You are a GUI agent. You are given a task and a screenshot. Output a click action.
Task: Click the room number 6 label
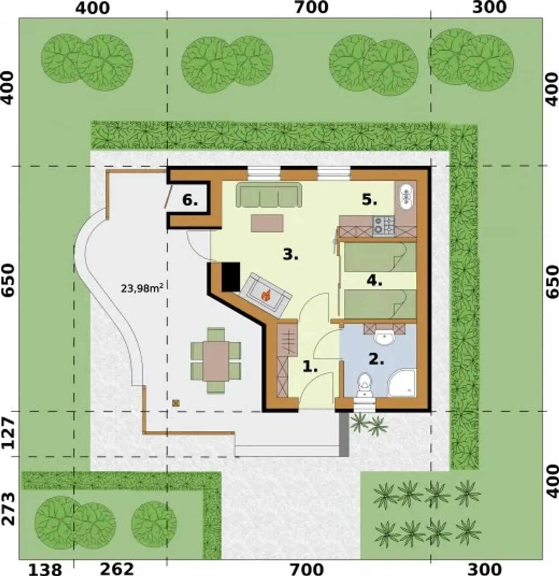pyautogui.click(x=190, y=201)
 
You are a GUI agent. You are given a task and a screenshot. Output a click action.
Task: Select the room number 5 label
pyautogui.click(x=369, y=200)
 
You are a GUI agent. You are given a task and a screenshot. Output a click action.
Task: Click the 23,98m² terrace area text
pyautogui.click(x=142, y=288)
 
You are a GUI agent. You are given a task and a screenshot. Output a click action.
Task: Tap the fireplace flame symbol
pyautogui.click(x=266, y=295)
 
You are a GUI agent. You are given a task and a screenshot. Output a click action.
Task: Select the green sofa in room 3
pyautogui.click(x=269, y=194)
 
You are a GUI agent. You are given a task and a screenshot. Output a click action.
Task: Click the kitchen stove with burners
pyautogui.click(x=384, y=227)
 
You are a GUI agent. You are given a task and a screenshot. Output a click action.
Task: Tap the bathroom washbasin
pyautogui.click(x=384, y=338)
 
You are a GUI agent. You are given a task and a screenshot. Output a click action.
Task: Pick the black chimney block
pyautogui.click(x=231, y=276)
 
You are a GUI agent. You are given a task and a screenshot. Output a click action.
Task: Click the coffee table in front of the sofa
pyautogui.click(x=267, y=223)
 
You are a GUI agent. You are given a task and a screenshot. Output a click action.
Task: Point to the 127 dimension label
pyautogui.click(x=9, y=434)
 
